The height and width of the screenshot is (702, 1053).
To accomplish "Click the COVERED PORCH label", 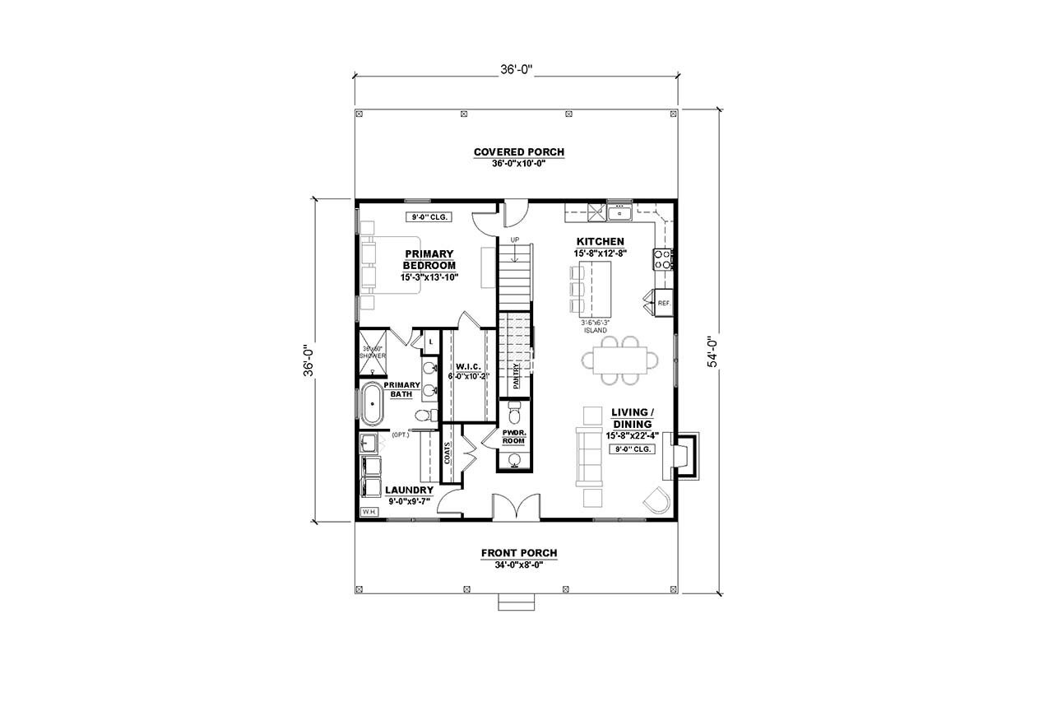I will point(518,151).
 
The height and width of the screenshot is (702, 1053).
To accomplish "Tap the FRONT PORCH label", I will point(519,552).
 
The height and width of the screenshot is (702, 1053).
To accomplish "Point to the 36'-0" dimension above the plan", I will point(517,70).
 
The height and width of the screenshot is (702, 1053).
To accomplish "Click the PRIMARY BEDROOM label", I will point(429,259).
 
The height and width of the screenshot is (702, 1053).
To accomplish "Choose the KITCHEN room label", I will point(600,241).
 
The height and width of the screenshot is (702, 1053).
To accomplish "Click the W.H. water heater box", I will point(367,512).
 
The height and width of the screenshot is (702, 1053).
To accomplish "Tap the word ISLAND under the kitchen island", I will point(595,330).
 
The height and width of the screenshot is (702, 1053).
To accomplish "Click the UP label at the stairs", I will point(515,239).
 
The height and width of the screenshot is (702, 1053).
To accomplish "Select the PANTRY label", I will point(516,375).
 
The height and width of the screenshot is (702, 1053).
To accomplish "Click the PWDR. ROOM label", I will point(513,436).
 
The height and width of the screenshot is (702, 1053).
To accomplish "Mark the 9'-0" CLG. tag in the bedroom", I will point(426,217).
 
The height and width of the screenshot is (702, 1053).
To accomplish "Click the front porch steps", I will point(516,605).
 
